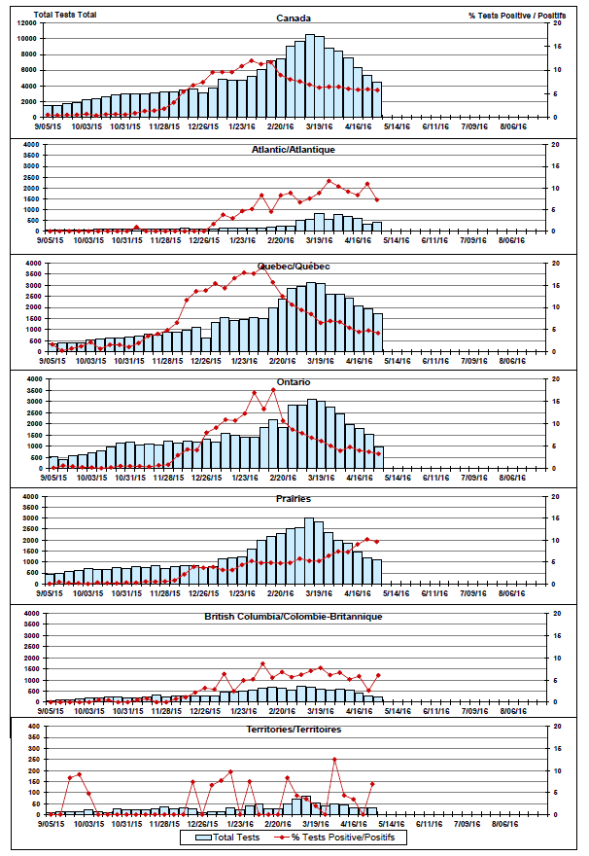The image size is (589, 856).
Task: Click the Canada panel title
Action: tap(287, 18)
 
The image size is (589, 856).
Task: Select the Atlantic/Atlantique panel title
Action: tap(294, 150)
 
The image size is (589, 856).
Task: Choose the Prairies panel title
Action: tap(294, 499)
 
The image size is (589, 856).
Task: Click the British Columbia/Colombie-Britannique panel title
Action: tap(294, 617)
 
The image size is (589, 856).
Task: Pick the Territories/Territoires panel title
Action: tap(294, 729)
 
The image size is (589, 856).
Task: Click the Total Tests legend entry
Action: tap(225, 837)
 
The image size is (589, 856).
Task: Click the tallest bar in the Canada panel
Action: tap(310, 76)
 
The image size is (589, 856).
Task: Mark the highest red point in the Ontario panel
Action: tap(273, 390)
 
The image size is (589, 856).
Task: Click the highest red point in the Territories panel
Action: tap(335, 759)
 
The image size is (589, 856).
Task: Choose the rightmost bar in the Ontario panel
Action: tap(376, 457)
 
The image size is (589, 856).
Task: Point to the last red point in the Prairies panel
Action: tap(376, 542)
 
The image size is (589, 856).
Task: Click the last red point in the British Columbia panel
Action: tap(377, 675)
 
